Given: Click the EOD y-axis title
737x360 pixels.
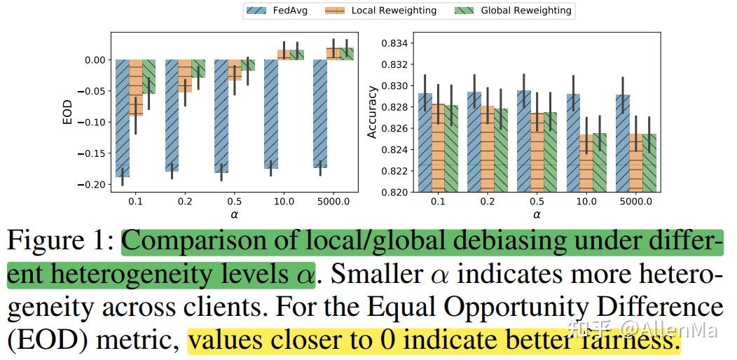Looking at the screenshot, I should [67, 113].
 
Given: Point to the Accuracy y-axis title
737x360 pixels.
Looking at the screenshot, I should [373, 112].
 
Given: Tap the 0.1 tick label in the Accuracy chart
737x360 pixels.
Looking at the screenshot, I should [437, 202].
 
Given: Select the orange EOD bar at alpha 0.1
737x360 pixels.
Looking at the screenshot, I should [136, 88].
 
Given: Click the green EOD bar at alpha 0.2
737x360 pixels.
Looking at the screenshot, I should [198, 69].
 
